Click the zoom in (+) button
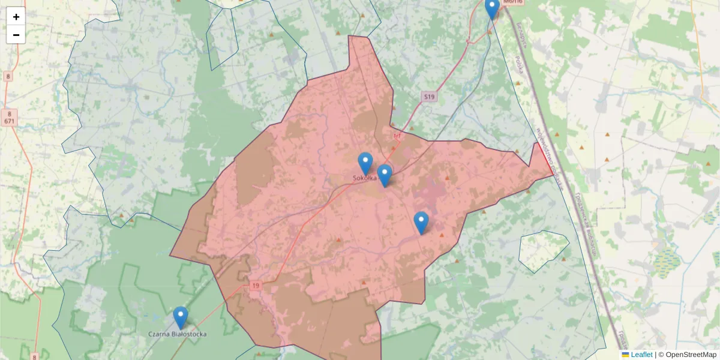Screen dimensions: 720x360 pos(16,17)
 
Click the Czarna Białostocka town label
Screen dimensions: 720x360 pos(178,334)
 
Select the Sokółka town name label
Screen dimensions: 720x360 pos(364,178)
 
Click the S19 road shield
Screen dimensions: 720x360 pos(428,97)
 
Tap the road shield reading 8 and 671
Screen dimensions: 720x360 pos(9,117)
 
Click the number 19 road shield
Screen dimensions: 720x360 pos(257,285)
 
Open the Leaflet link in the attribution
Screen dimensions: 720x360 pos(641,355)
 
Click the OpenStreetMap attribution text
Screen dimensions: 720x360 pos(691,355)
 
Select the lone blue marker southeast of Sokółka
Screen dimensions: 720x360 pos(421,223)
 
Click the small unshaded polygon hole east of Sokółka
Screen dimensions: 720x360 pos(543,251)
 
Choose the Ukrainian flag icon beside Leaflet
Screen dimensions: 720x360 pos(625,355)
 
